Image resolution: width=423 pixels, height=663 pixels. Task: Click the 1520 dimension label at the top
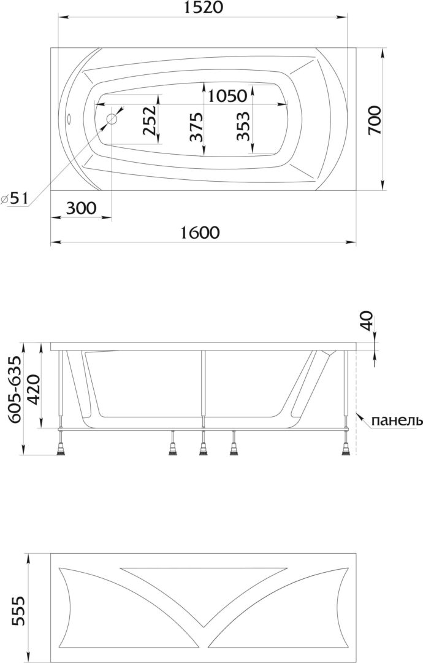(202, 7)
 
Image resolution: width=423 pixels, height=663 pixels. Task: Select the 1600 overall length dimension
(200, 232)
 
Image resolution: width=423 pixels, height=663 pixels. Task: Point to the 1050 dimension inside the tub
(227, 96)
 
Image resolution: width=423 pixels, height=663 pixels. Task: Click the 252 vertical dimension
(150, 120)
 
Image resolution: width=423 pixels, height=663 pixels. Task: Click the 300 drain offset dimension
(82, 207)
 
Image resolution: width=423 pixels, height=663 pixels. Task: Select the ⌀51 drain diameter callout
(15, 198)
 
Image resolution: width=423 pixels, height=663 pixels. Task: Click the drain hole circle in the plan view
(112, 119)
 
